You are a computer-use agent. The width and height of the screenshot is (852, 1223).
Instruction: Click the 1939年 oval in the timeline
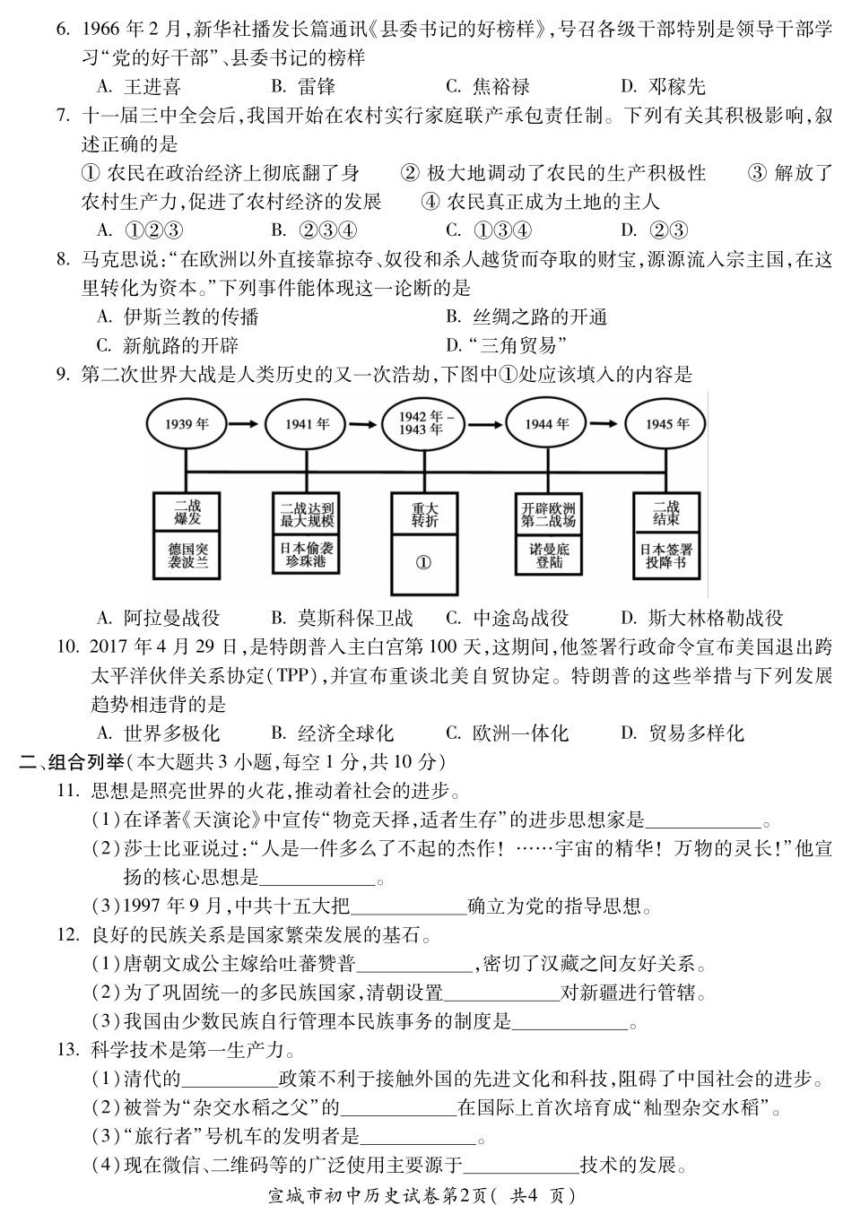pos(186,423)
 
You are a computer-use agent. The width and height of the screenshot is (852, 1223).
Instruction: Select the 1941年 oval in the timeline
pos(307,423)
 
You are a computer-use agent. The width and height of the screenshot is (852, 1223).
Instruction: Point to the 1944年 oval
pos(546,423)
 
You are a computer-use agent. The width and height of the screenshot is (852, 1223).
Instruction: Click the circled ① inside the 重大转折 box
pos(424,562)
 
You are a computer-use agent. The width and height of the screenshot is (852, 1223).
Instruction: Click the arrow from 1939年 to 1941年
pos(246,423)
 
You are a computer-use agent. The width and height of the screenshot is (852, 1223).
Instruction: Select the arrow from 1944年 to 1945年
pos(606,423)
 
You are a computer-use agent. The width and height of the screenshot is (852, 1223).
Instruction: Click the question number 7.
pos(62,116)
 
